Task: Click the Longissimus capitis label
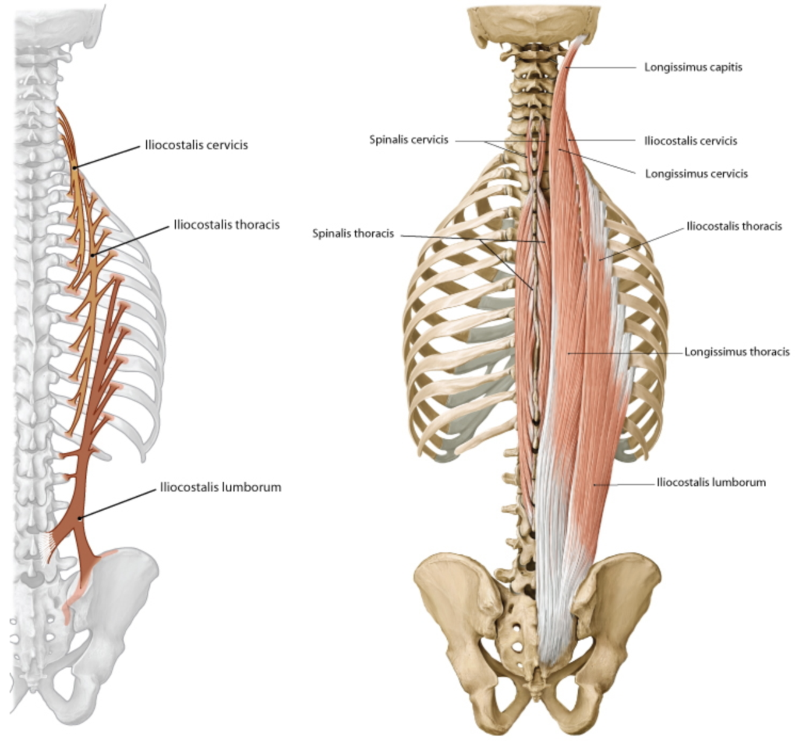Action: coord(692,67)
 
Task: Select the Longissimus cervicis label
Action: coord(696,173)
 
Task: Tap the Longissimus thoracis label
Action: coord(737,351)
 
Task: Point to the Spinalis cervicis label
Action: coord(408,140)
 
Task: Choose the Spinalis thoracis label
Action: coord(353,233)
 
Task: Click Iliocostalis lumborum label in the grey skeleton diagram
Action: coord(221,487)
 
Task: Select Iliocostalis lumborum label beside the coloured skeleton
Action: coord(711,482)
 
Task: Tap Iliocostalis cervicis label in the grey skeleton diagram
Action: coord(196,145)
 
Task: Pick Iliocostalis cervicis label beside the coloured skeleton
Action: coord(691,141)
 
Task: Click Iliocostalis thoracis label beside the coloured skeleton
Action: coord(734,226)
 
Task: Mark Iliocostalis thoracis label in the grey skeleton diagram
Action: coord(227,225)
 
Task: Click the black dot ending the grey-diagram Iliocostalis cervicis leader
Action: coord(74,168)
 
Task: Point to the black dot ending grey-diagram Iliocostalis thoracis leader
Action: coord(92,256)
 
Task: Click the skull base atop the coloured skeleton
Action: coord(534,21)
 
